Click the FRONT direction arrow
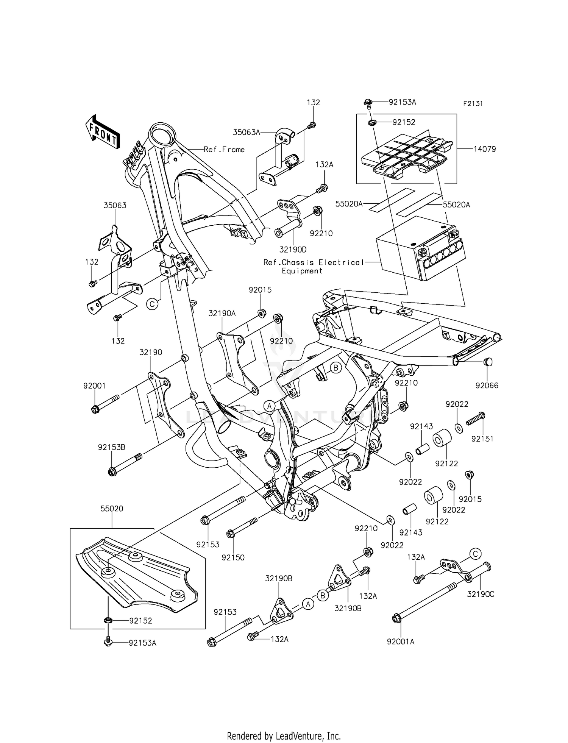click(103, 132)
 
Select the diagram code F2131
click(472, 104)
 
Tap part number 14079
click(484, 149)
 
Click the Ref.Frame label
click(224, 150)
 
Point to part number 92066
click(487, 386)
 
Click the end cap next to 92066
click(488, 362)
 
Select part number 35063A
click(247, 132)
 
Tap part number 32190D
click(293, 250)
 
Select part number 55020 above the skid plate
click(112, 509)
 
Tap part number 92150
click(233, 557)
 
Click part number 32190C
click(481, 594)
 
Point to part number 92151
click(482, 439)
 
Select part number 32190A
click(222, 313)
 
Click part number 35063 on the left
click(115, 205)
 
